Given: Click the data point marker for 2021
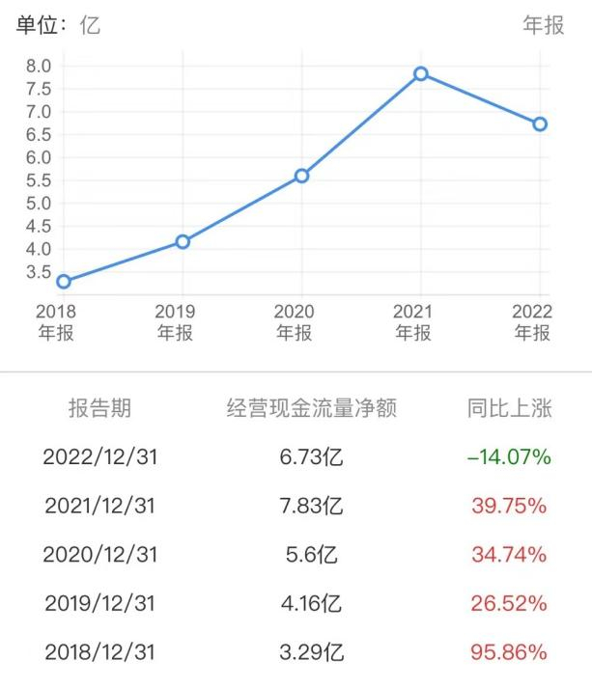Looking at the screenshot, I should point(421,73).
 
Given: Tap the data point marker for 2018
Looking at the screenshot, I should point(64,282).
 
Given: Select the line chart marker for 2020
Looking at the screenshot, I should point(302,176).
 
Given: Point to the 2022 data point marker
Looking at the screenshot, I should point(540,124).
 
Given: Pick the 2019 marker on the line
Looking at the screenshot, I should point(183,241).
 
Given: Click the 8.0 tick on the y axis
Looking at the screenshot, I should point(39,66).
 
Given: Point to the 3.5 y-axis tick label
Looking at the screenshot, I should point(39,271).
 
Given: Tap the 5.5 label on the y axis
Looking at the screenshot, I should point(39,180).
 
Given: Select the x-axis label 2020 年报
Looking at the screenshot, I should point(294,322).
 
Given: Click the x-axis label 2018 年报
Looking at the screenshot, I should point(55,322).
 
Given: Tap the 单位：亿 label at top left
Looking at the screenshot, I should point(58,26).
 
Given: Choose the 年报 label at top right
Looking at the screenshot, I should point(543,26).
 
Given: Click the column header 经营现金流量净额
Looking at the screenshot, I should point(312,408).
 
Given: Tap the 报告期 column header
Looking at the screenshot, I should point(99,408).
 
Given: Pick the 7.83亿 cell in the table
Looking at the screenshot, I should point(312,506).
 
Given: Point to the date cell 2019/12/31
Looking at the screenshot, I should point(99,603).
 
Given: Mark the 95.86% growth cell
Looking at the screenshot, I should point(508,652).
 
